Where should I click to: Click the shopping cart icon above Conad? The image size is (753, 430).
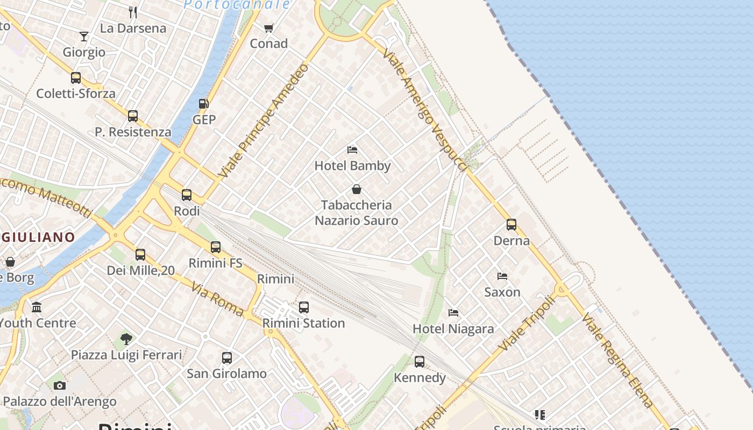[268, 28]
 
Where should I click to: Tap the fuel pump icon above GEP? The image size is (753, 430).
[203, 104]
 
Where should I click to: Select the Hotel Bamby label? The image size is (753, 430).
[352, 166]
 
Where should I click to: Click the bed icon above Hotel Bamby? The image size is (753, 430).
[352, 150]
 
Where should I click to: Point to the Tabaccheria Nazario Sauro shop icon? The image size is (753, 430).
[356, 189]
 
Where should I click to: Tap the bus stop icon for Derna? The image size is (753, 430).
[511, 225]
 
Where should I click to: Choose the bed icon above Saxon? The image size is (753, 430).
[502, 276]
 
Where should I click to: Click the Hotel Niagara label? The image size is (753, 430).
[453, 328]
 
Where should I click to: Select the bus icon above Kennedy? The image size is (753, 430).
[420, 362]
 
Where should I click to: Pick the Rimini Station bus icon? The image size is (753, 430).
[304, 307]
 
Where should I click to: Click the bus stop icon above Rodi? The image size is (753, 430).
[187, 195]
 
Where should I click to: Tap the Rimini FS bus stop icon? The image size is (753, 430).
[216, 247]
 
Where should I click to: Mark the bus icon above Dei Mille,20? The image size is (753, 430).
[140, 255]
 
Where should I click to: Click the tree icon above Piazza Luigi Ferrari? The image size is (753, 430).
[126, 339]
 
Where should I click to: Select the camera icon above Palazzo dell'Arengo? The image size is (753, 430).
[60, 385]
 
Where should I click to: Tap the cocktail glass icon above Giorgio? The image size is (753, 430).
[84, 37]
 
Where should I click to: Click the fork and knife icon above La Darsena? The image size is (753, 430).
[133, 12]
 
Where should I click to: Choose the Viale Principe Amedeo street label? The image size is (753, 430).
[264, 121]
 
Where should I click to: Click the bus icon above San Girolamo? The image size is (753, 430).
[227, 358]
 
